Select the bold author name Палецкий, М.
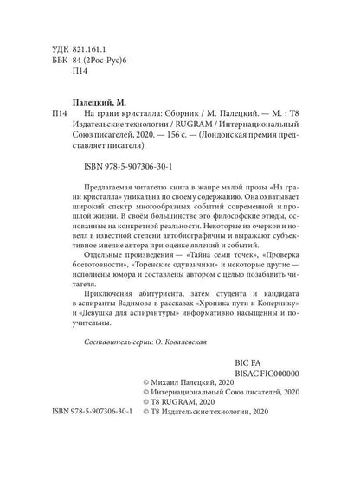click(97, 101)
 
